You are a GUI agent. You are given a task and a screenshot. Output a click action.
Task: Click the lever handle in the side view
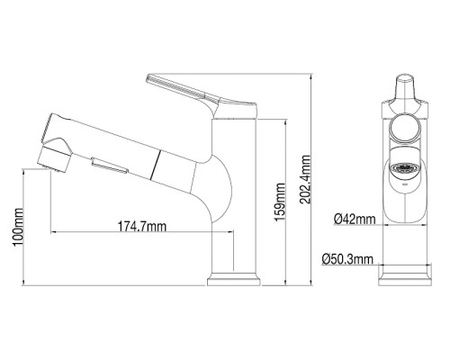pos(184,90)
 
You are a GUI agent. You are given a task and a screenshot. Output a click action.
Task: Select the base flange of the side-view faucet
pos(235,282)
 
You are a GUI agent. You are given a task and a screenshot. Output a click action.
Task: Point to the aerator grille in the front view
pos(403,168)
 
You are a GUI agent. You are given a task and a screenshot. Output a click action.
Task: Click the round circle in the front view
pos(403,127)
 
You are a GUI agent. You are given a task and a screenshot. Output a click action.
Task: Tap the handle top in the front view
pos(404,88)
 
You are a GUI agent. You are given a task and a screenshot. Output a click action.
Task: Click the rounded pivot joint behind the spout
pos(220,184)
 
